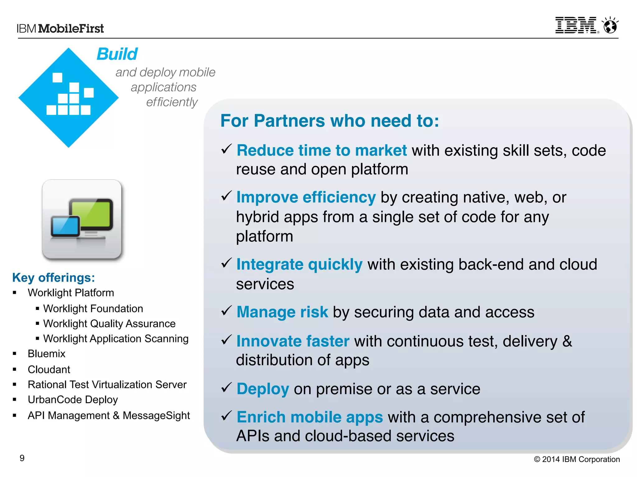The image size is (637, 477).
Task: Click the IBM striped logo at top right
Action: [x=576, y=25]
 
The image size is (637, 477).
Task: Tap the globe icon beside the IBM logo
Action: [x=610, y=25]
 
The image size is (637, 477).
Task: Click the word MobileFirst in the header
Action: [x=71, y=29]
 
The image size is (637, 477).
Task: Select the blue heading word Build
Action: [x=117, y=54]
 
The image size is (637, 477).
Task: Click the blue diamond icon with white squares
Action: [x=68, y=98]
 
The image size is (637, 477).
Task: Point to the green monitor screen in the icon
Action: [x=91, y=214]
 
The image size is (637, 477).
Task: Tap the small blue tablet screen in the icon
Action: [x=66, y=226]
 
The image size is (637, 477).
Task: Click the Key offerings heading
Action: [x=53, y=277]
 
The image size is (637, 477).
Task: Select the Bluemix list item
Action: [x=46, y=353]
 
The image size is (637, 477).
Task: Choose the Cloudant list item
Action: [x=49, y=369]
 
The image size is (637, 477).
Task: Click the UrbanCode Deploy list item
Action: [x=73, y=399]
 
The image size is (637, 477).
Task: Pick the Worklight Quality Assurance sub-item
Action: [x=109, y=324]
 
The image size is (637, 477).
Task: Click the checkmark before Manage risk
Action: [x=226, y=311]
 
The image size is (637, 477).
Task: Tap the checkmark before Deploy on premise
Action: [x=226, y=387]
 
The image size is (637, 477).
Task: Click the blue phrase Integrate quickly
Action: [x=299, y=264]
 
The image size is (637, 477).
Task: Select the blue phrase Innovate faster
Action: [x=293, y=341]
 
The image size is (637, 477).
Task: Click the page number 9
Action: [x=22, y=458]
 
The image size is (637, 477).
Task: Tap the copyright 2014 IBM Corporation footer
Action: [x=577, y=459]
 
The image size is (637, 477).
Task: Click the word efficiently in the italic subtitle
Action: [x=172, y=102]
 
